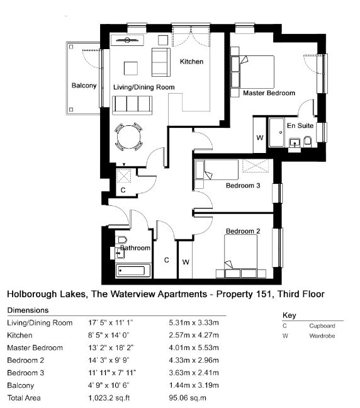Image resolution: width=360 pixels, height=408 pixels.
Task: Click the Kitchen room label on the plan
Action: (x=191, y=62)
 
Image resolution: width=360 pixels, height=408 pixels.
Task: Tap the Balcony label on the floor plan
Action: (x=84, y=86)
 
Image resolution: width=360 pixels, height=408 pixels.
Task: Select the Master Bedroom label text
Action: (x=269, y=93)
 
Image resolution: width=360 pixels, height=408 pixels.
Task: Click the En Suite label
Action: (x=300, y=126)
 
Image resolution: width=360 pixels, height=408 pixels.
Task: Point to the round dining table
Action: (x=129, y=137)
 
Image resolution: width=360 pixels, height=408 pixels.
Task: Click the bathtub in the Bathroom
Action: (x=133, y=271)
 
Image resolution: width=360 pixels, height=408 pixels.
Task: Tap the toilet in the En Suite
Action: (x=308, y=141)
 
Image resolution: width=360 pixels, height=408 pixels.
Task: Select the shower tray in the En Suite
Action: (x=276, y=132)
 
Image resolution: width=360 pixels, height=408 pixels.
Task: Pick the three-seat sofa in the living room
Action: (x=132, y=105)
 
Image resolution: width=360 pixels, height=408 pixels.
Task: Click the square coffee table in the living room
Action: (x=130, y=68)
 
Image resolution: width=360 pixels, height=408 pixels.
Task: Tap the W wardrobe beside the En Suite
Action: (x=259, y=138)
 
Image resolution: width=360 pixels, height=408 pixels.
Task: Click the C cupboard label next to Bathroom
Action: (x=167, y=260)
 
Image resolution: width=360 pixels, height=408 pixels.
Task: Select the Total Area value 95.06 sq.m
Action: (x=188, y=398)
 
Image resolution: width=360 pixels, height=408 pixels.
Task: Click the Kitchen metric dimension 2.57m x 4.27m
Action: (x=194, y=335)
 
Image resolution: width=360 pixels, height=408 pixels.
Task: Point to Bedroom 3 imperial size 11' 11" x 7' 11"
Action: (x=112, y=373)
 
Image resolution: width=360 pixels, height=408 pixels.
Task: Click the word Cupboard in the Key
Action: (x=322, y=326)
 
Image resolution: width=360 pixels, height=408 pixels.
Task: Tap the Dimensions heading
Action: (x=28, y=310)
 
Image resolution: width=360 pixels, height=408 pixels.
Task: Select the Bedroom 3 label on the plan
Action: (x=243, y=186)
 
